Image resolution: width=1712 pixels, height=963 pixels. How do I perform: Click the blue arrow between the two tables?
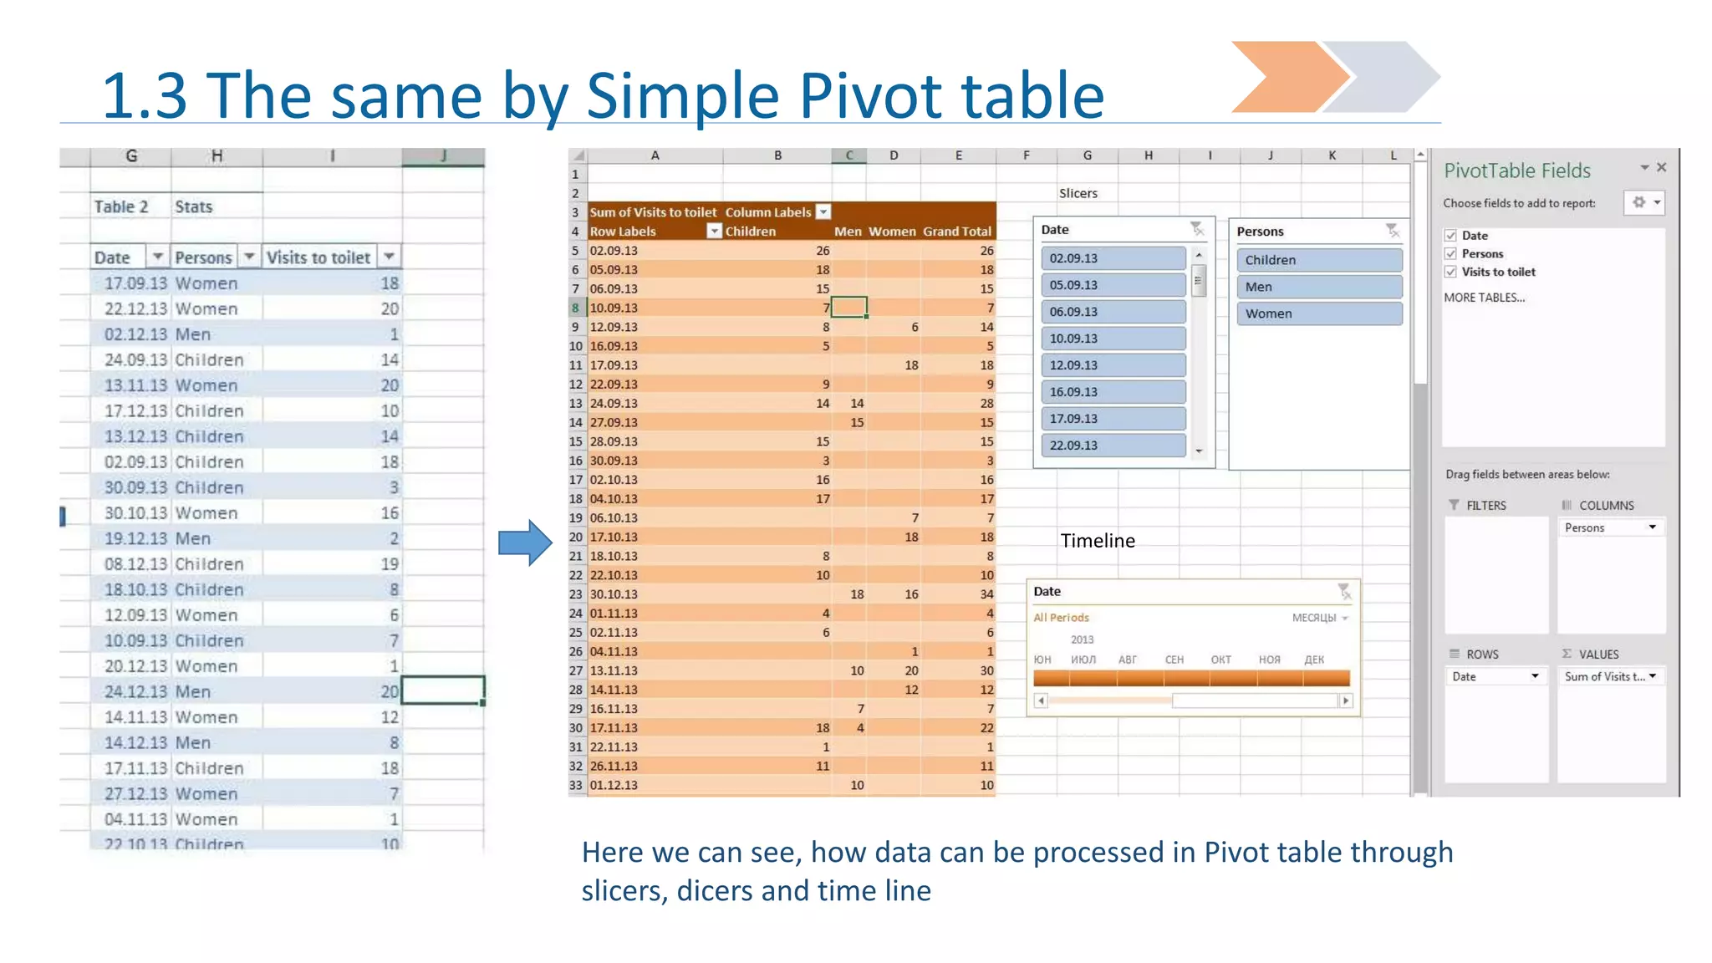point(525,543)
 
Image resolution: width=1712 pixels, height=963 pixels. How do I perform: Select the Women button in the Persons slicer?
point(1318,313)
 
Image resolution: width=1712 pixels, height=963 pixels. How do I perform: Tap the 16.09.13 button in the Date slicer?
point(1113,392)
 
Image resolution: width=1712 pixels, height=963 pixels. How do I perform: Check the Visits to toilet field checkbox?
point(1451,272)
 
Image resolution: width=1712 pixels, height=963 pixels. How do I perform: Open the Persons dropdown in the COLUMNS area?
point(1652,527)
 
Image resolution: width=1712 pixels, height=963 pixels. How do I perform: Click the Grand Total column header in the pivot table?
point(957,232)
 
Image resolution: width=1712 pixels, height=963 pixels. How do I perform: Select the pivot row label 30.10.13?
point(614,594)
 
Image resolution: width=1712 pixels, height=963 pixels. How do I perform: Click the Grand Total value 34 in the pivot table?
point(986,594)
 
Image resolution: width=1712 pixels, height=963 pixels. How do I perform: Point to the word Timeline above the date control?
point(1098,541)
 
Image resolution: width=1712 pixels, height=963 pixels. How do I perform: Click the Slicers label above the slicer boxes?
point(1078,193)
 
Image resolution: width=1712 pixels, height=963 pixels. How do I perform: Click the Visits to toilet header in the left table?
point(318,257)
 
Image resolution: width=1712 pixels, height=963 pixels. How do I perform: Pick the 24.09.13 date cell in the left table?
point(135,359)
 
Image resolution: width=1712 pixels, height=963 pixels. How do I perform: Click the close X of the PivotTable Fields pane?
point(1662,168)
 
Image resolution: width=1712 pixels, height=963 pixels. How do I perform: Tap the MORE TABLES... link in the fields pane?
point(1484,298)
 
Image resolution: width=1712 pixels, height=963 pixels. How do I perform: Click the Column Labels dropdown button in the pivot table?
point(823,212)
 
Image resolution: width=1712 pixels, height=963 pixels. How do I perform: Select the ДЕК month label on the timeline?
point(1314,660)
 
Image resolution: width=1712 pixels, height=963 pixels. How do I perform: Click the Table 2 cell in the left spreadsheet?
point(121,206)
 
